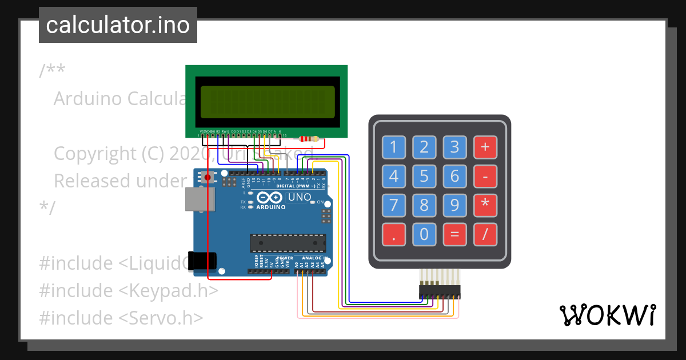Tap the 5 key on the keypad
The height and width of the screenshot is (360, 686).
tap(424, 177)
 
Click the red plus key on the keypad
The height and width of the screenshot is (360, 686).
tap(485, 147)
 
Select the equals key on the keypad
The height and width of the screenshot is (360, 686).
tap(454, 234)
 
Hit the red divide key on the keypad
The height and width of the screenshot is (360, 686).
tap(485, 234)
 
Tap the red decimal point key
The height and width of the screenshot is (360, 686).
tap(393, 234)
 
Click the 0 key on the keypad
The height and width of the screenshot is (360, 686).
tap(424, 234)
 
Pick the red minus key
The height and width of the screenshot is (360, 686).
tap(485, 177)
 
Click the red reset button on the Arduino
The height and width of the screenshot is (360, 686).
tap(208, 178)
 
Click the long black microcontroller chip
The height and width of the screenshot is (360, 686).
tap(288, 243)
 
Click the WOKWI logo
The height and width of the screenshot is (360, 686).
tap(607, 315)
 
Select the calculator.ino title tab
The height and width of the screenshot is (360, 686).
tap(118, 25)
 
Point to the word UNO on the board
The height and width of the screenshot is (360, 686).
tap(300, 198)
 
